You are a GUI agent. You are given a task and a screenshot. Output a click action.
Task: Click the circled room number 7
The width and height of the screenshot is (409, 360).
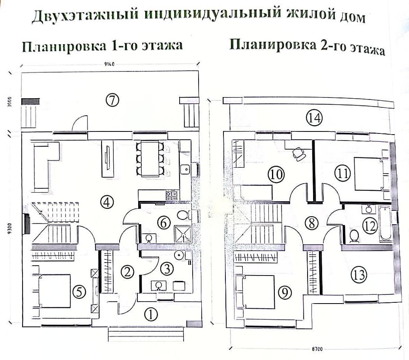113,100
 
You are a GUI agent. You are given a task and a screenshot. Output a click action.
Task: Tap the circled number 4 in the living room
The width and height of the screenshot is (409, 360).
107,202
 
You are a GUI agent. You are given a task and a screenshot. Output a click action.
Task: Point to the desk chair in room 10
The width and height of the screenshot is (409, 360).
298,153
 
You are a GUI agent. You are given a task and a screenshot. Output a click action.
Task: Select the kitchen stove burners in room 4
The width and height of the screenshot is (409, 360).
171,194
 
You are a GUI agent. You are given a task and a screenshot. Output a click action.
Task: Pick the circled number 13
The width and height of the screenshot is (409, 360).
359,275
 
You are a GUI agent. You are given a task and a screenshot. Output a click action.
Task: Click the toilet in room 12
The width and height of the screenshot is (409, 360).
354,236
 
